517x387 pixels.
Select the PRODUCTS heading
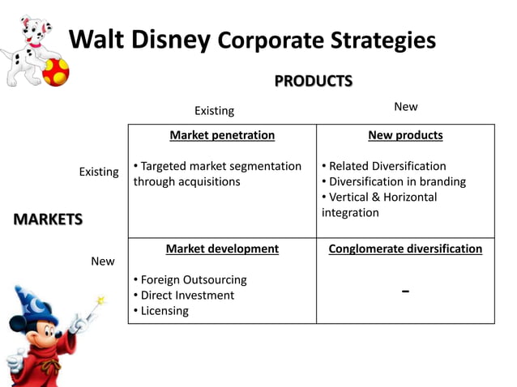(313, 81)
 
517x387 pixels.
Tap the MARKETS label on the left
(48, 219)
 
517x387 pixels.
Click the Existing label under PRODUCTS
(214, 110)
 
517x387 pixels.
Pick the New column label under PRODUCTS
(405, 107)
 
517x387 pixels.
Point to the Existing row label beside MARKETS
(99, 172)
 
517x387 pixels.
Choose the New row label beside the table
(103, 262)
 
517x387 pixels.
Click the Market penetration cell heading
(222, 135)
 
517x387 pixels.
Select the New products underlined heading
(405, 135)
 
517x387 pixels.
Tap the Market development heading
(222, 249)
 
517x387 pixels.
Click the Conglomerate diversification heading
(405, 249)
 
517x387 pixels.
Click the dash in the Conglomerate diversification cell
(405, 291)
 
